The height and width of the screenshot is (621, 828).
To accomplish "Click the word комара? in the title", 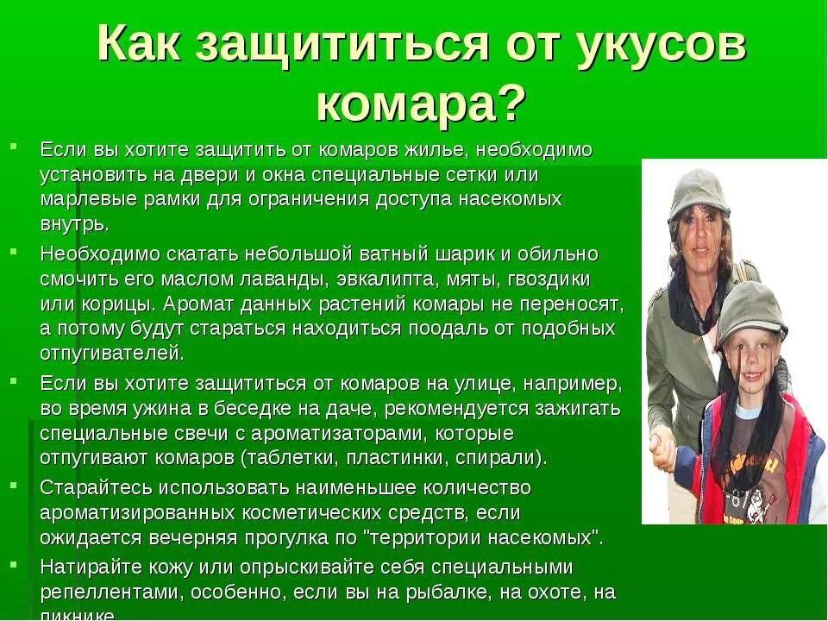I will pyautogui.click(x=420, y=105).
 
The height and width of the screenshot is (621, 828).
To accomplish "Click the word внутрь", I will pyautogui.click(x=75, y=224).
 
